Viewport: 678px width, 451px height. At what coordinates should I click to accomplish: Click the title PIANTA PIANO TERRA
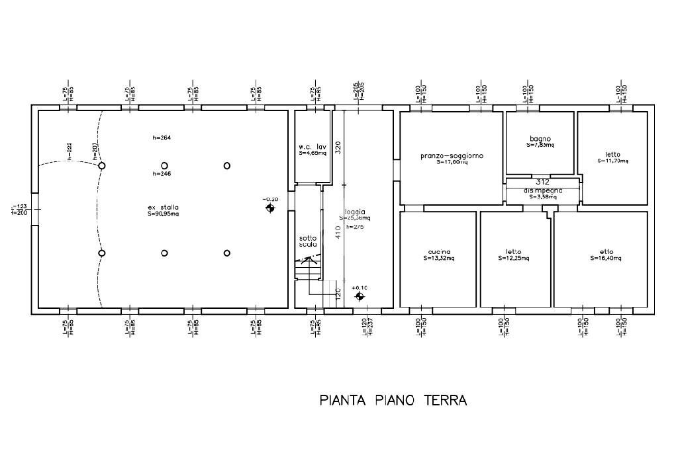click(393, 400)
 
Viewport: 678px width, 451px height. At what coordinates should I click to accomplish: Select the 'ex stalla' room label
click(163, 207)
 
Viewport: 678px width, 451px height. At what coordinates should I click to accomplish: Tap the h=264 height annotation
click(162, 138)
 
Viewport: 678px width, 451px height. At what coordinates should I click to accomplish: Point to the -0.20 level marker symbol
click(270, 208)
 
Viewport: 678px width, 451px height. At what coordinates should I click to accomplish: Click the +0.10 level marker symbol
click(359, 297)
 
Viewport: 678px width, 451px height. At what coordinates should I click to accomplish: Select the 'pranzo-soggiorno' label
click(452, 156)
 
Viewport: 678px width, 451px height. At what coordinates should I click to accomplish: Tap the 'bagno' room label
click(540, 139)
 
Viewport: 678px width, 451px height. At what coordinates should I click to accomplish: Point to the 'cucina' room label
click(440, 252)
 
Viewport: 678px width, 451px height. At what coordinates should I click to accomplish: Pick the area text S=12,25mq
click(514, 258)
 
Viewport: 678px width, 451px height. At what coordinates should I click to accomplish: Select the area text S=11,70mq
click(612, 160)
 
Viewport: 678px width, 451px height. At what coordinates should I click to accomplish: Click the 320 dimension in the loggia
click(338, 147)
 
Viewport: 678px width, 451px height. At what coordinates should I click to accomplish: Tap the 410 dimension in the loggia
click(338, 233)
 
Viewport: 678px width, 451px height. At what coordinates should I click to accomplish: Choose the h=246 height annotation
click(162, 174)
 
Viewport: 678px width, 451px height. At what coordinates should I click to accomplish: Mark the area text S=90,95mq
click(163, 214)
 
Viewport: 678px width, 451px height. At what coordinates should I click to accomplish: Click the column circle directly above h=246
click(164, 165)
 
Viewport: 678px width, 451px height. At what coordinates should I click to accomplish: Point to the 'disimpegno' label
click(542, 190)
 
